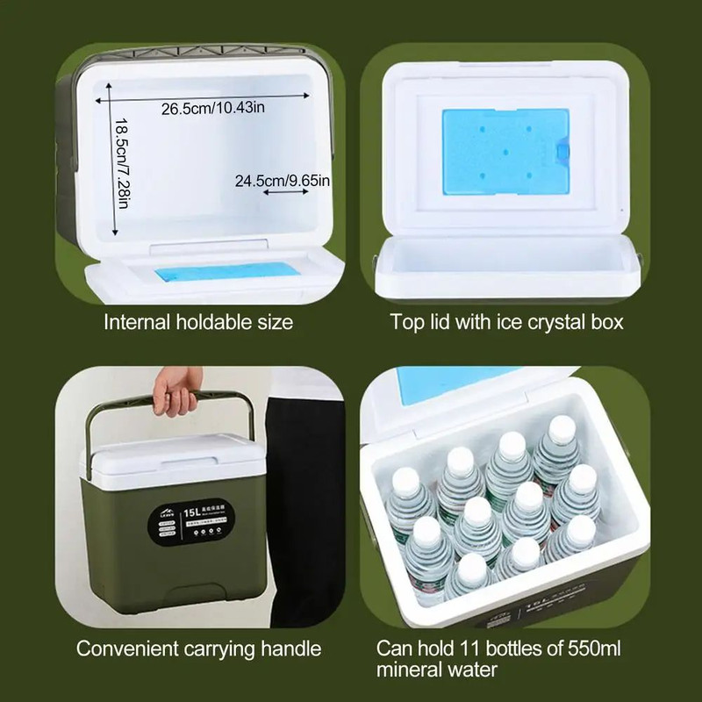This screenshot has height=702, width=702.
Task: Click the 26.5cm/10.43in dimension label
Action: coord(213,109)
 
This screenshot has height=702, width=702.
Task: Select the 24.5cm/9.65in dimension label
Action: coord(283,181)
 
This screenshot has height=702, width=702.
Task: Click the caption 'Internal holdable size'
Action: coord(198,322)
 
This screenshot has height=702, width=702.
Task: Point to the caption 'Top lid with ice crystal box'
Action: coord(506,322)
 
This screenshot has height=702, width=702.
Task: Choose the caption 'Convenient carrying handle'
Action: coord(198,649)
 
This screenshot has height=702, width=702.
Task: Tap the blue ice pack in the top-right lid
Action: coord(505,151)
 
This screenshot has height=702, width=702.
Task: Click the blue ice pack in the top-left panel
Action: coord(223,273)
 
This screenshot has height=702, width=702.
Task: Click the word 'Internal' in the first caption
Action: coord(134,322)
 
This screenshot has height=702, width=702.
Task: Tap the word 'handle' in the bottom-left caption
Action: coord(292,649)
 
